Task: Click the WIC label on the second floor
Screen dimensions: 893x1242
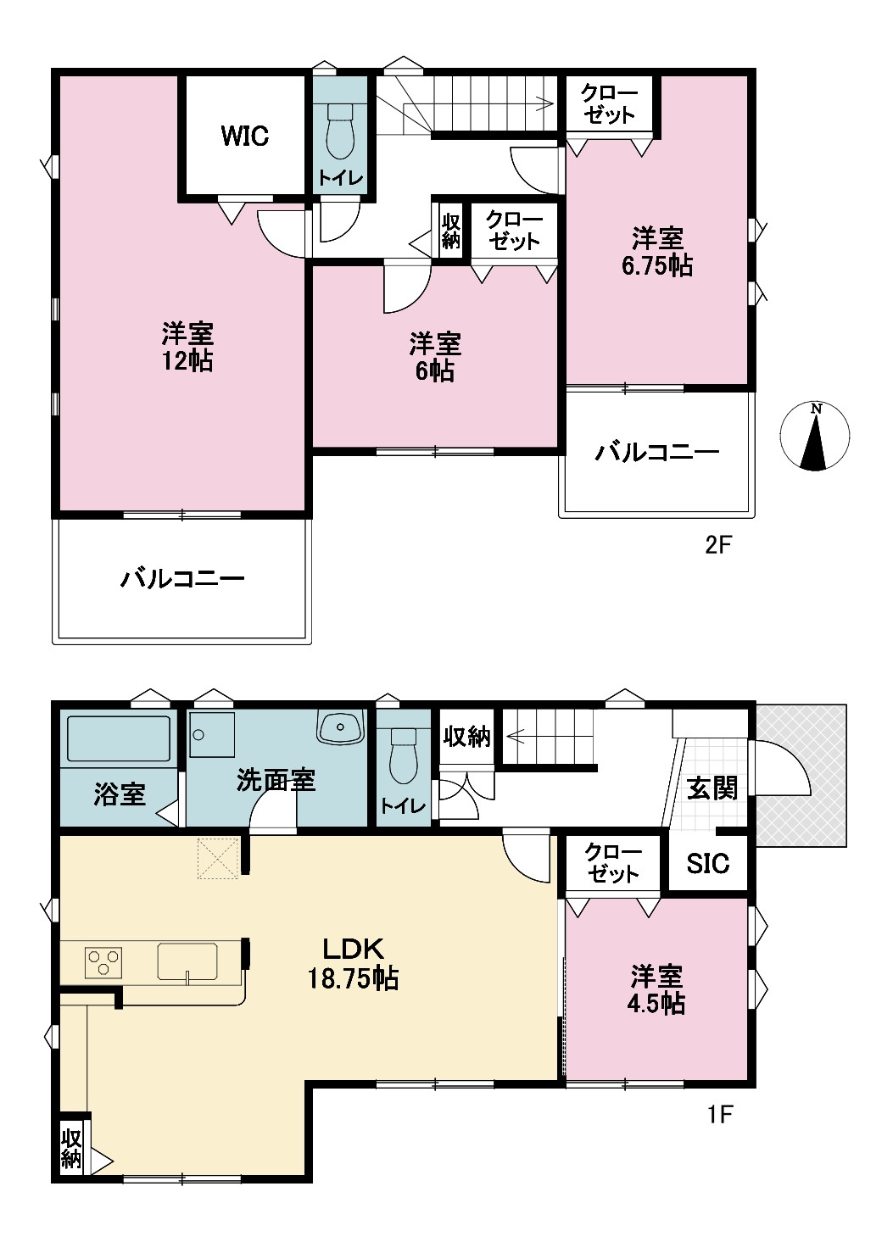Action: pyautogui.click(x=244, y=136)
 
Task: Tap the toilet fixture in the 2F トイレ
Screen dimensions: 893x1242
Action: pyautogui.click(x=340, y=132)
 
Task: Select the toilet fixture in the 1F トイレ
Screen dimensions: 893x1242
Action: pyautogui.click(x=403, y=756)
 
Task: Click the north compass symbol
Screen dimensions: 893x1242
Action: pyautogui.click(x=814, y=436)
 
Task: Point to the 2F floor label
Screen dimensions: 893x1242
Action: pyautogui.click(x=718, y=546)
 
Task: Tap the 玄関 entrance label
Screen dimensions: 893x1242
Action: pyautogui.click(x=712, y=788)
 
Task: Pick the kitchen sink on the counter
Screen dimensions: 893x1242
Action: pyautogui.click(x=187, y=962)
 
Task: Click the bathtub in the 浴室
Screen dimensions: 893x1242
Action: pyautogui.click(x=119, y=738)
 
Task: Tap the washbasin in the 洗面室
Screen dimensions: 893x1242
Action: pyautogui.click(x=341, y=727)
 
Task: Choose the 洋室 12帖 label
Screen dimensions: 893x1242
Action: pyautogui.click(x=187, y=347)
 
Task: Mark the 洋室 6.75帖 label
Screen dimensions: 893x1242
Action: pyautogui.click(x=656, y=253)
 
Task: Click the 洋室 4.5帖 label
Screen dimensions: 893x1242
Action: pyautogui.click(x=656, y=989)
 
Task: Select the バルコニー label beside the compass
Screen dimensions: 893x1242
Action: pyautogui.click(x=656, y=453)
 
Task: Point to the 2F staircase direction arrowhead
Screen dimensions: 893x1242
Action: pyautogui.click(x=548, y=103)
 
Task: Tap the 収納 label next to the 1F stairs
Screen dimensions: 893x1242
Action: pyautogui.click(x=466, y=738)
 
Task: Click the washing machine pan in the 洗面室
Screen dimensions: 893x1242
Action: pyautogui.click(x=212, y=735)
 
